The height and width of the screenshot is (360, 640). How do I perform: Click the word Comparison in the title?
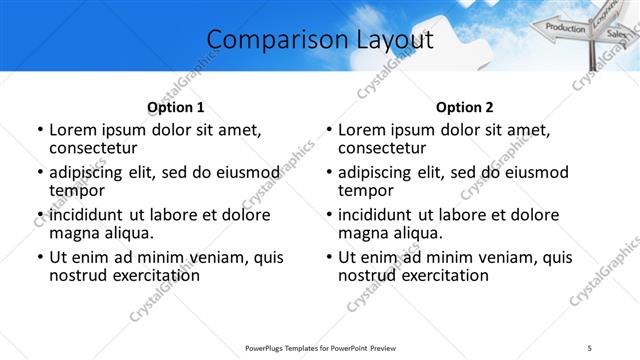click(267, 40)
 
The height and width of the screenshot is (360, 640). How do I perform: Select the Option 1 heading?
click(175, 107)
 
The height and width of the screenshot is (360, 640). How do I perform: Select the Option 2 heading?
click(464, 107)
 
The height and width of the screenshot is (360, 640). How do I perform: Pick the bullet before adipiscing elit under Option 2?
click(329, 173)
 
